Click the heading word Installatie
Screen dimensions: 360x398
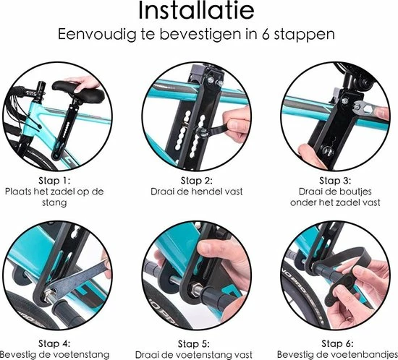click(198, 12)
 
